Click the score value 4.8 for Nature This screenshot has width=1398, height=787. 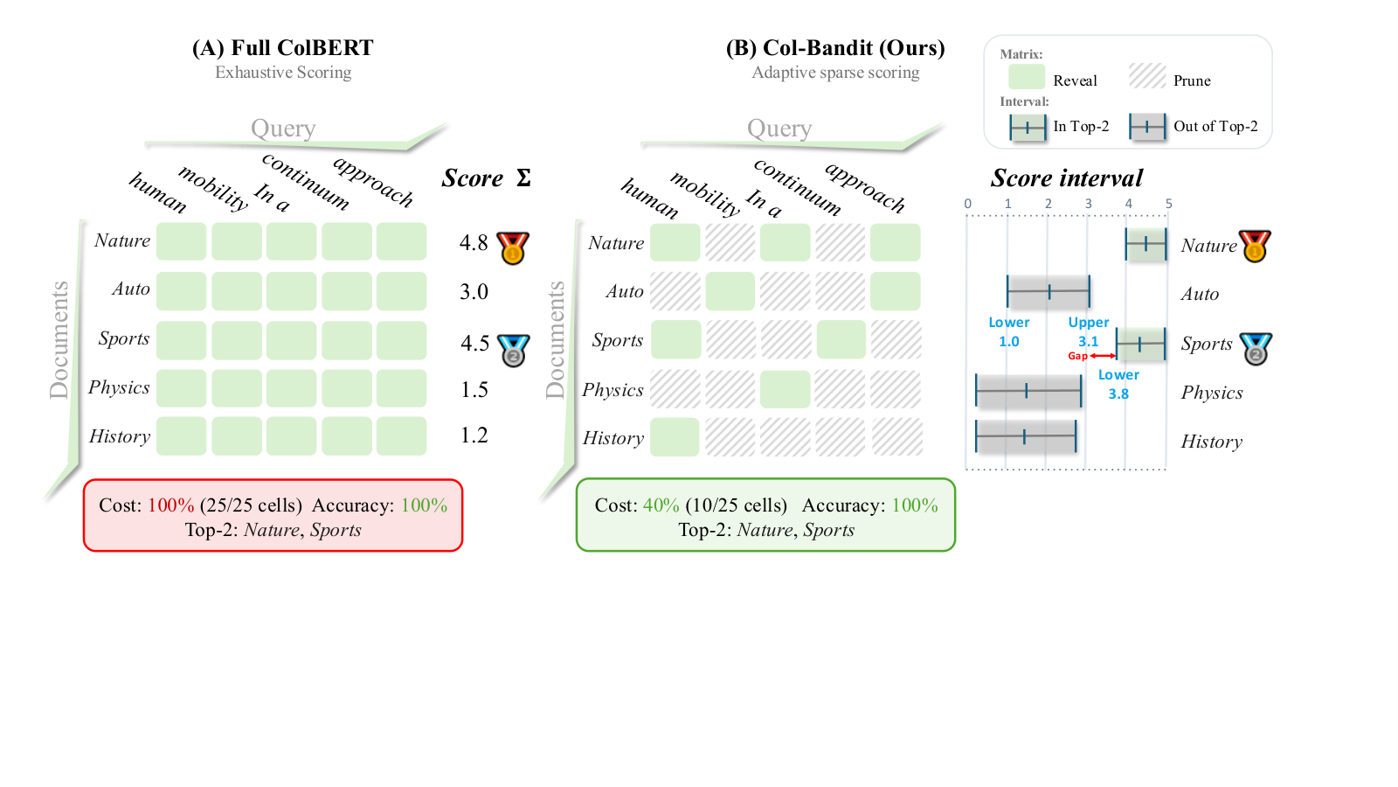click(474, 242)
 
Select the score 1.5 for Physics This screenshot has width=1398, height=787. click(474, 390)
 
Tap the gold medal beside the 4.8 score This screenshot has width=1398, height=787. click(513, 247)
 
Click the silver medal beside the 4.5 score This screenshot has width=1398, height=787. click(514, 351)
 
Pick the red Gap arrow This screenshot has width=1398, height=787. click(1103, 356)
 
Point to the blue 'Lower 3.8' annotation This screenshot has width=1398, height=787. click(1118, 384)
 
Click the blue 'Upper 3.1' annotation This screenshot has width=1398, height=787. click(1089, 331)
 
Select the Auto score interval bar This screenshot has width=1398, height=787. click(1048, 291)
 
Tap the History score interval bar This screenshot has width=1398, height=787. click(1026, 436)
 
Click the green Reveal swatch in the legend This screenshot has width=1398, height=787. click(1027, 77)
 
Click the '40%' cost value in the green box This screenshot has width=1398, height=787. click(661, 505)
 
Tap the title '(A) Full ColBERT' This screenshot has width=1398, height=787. click(283, 48)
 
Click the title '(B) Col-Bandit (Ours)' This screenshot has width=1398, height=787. click(835, 48)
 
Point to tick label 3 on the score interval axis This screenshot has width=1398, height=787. click(1089, 204)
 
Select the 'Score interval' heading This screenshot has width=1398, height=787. click(1067, 178)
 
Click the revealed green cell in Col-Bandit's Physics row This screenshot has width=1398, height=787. click(786, 389)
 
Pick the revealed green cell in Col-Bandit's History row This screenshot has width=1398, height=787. click(675, 437)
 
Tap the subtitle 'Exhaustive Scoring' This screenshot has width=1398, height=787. click(283, 73)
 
